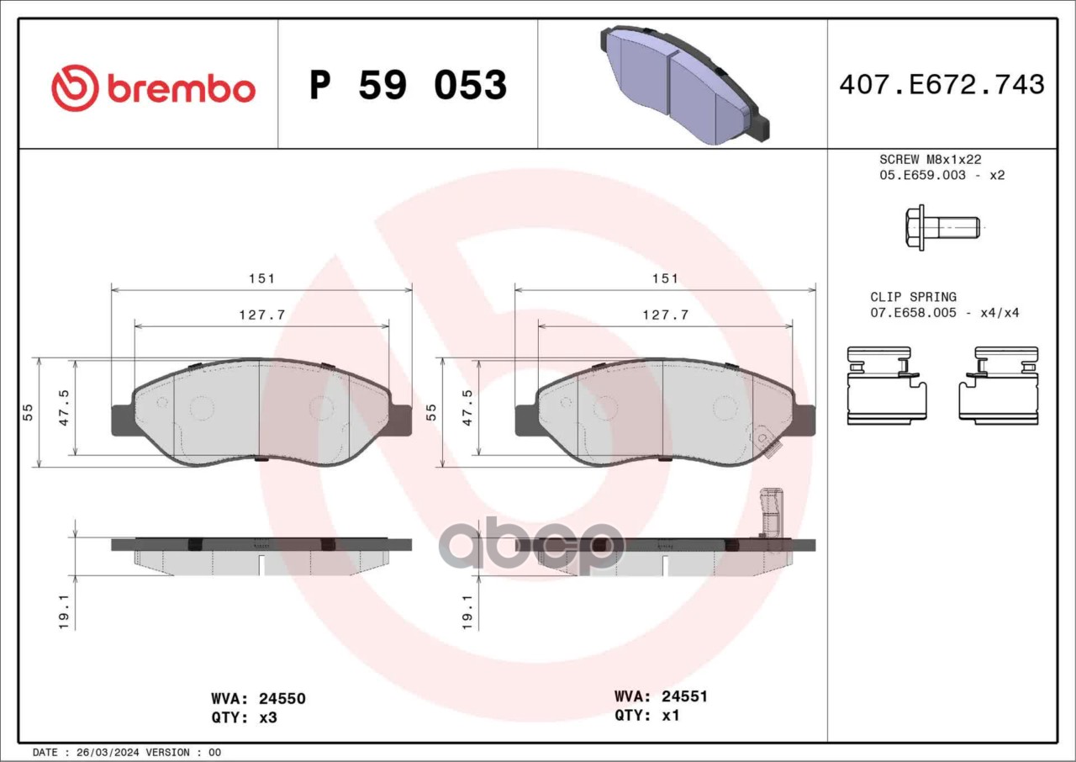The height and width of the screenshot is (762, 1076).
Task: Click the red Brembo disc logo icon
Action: pos(75,88)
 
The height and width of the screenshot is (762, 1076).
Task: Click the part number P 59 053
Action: pos(409,85)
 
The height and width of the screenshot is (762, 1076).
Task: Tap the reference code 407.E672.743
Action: pos(942,85)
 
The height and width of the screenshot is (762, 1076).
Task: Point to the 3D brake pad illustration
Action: pos(684,85)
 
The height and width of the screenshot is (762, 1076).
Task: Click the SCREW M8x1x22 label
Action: pos(931,159)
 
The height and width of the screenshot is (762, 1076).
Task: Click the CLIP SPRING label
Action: pos(914,297)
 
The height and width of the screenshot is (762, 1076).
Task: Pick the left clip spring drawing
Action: pos(887,386)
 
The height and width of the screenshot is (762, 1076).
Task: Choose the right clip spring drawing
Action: pos(999,386)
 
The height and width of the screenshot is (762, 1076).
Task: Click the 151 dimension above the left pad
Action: pos(261,278)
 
